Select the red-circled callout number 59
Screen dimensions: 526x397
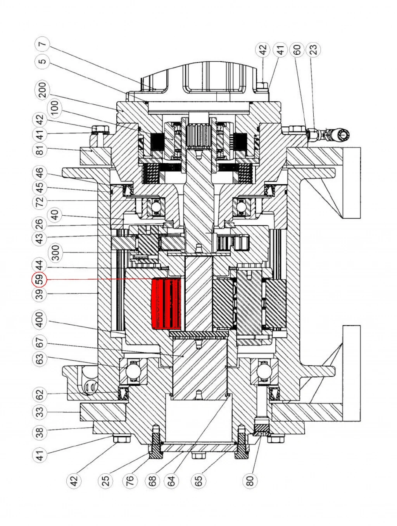39,280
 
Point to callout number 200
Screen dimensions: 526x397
43,90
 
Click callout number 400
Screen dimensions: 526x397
40,320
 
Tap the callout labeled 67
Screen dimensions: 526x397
40,343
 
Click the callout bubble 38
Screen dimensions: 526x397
40,432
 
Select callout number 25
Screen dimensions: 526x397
105,480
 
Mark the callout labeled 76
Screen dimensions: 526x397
130,480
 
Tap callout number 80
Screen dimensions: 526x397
250,480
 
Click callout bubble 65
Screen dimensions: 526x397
198,480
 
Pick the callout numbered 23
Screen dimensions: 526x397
313,49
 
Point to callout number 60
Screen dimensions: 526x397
297,49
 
